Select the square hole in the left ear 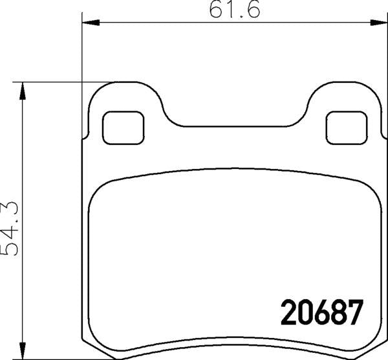pos(124,128)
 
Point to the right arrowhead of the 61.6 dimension pos(377,25)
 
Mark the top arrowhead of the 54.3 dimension pos(24,91)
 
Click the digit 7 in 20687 pos(353,314)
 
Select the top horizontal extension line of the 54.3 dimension pos(65,82)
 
